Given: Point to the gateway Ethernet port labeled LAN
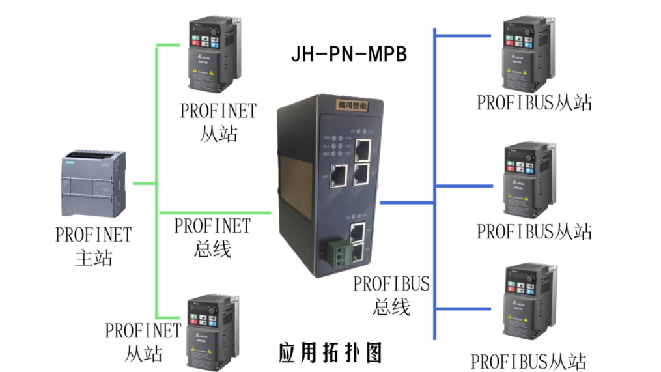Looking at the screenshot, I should [339, 174].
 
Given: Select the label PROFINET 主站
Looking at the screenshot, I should [94, 246].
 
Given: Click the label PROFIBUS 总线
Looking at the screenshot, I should [391, 294].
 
